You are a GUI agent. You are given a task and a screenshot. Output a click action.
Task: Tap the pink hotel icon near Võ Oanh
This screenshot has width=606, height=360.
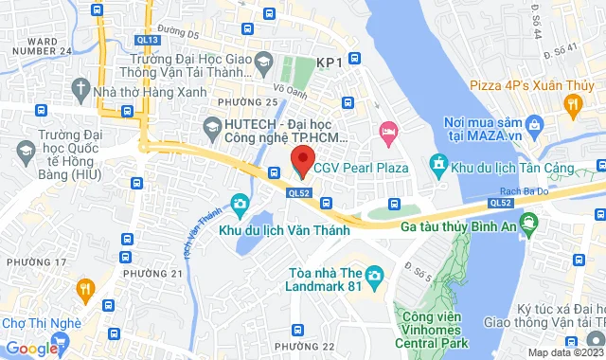pos(386,129)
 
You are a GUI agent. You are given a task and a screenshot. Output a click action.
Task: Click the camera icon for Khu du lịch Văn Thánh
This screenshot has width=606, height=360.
pos(241,204)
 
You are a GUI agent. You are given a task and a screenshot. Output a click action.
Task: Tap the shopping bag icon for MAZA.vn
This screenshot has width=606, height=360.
pos(535,124)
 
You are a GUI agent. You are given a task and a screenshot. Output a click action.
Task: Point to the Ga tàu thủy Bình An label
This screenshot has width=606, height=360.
pos(457,227)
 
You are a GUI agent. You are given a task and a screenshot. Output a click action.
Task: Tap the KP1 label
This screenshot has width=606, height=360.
pos(329,63)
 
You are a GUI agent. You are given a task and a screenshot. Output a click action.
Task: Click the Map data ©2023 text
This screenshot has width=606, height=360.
pos(563,352)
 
